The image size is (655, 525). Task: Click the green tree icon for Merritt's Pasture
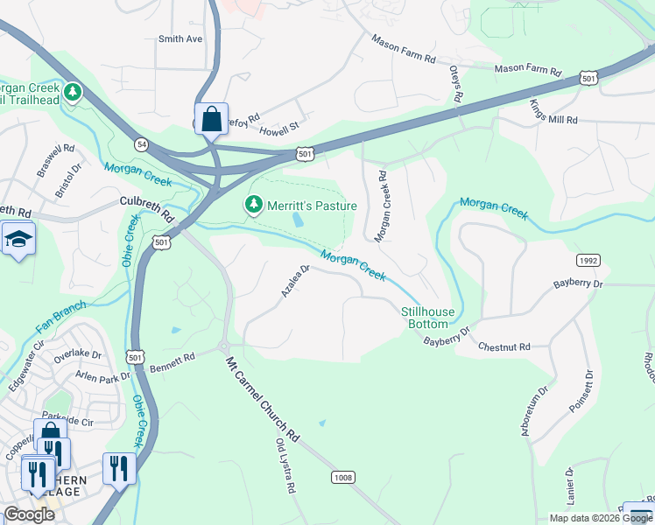pyautogui.click(x=254, y=205)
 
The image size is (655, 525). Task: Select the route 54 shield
pyautogui.click(x=140, y=143)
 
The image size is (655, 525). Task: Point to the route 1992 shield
pyautogui.click(x=588, y=261)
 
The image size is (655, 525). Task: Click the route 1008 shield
pyautogui.click(x=343, y=477)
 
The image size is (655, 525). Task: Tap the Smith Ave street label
pyautogui.click(x=180, y=39)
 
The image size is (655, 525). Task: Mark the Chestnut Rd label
pyautogui.click(x=504, y=347)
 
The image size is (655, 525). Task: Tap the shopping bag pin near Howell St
pyautogui.click(x=212, y=119)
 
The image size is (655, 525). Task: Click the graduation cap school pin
pyautogui.click(x=18, y=239)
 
